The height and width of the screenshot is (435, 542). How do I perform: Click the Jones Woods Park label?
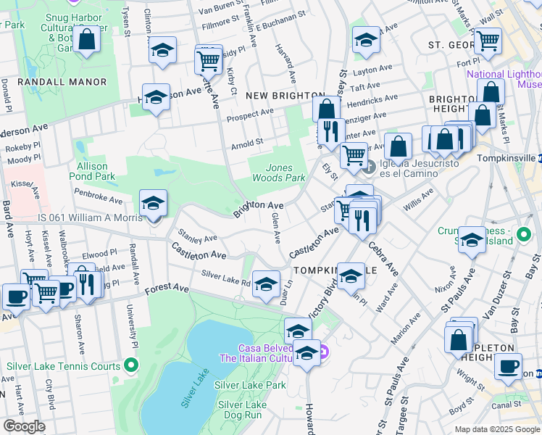[279, 173]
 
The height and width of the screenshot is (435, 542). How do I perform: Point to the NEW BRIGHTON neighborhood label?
[284, 96]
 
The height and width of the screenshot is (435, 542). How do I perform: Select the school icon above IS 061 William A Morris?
[153, 204]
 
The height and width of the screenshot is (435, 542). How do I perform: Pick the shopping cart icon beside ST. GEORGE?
[488, 41]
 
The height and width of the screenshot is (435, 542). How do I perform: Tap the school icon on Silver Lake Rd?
[266, 283]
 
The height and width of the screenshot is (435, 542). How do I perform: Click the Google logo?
[25, 426]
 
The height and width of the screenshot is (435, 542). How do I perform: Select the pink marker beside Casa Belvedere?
[324, 353]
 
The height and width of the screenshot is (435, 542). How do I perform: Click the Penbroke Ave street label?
[98, 196]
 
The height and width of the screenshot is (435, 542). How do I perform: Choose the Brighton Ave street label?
[258, 209]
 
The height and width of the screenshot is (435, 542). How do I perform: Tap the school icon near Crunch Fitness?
[472, 241]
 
